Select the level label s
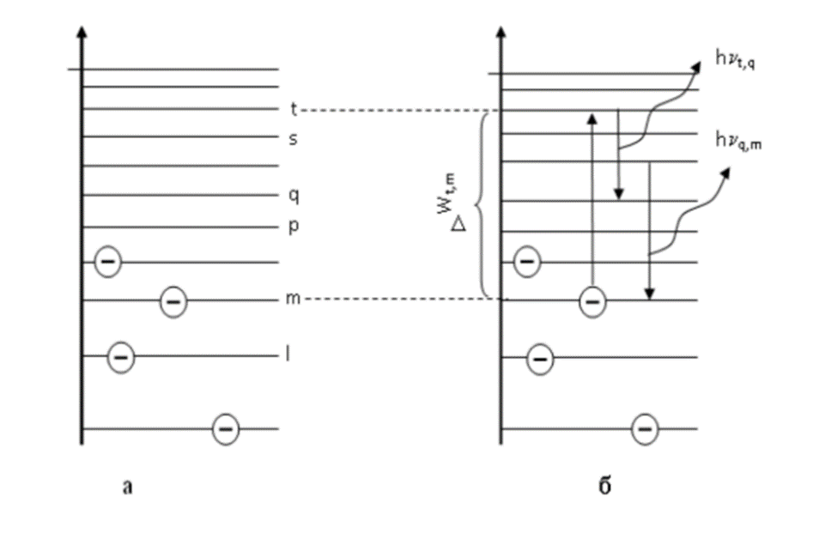click(293, 137)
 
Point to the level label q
click(293, 195)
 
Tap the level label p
click(293, 227)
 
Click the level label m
click(294, 300)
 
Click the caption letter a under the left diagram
click(128, 488)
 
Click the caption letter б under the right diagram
click(604, 488)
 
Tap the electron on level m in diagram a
click(173, 300)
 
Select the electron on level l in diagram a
click(120, 355)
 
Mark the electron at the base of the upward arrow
click(592, 300)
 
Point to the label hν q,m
click(739, 141)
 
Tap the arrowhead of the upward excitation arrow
click(592, 118)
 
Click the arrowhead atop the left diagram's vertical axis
click(81, 33)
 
